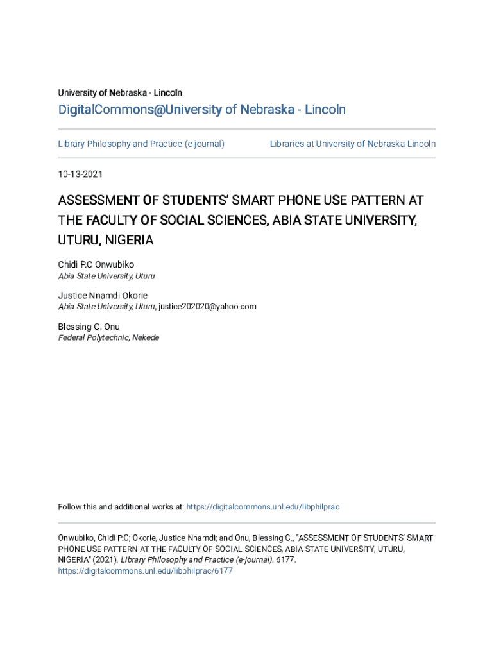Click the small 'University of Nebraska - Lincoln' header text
pos(120,93)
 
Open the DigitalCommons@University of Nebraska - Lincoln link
pos(201,110)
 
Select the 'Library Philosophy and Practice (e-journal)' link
pos(141,144)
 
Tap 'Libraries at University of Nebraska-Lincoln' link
pos(352,144)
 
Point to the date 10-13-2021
pos(80,175)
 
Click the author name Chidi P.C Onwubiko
pos(96,264)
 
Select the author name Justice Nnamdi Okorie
pos(103,296)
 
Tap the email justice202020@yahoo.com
pos(207,307)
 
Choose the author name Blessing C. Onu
pos(89,327)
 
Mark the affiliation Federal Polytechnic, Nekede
pos(108,338)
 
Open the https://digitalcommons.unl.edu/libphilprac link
pos(262,507)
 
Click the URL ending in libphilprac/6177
pos(145,570)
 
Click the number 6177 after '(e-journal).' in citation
pos(285,560)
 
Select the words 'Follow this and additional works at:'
pos(121,507)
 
